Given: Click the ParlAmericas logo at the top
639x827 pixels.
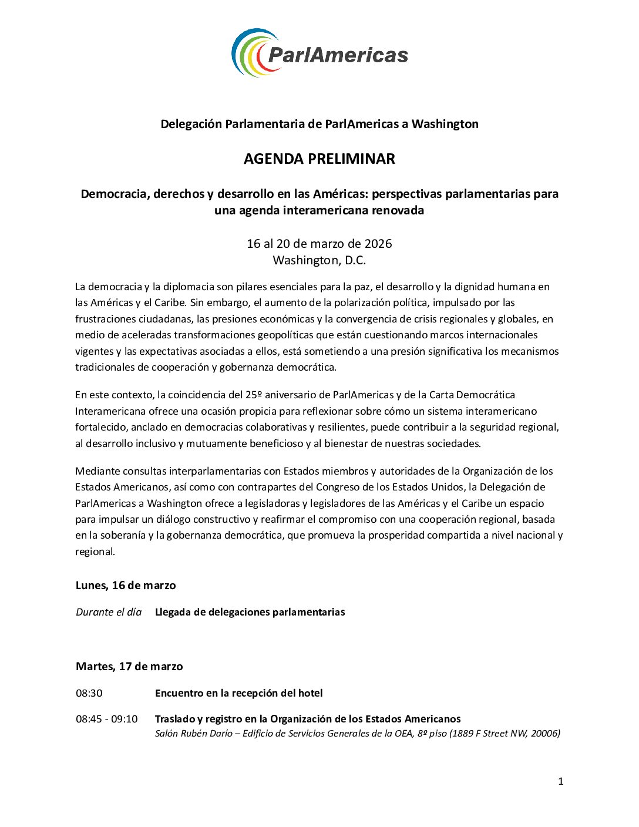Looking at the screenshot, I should coord(319,53).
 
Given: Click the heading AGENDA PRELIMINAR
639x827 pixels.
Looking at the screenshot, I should coord(319,159).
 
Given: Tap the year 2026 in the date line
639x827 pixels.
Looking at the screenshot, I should coord(378,244).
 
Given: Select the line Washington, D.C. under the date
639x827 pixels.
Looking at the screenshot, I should coord(319,260).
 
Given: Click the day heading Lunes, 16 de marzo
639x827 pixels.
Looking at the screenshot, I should coord(126,586).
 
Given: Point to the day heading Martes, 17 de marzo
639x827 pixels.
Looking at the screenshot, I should coord(129,667).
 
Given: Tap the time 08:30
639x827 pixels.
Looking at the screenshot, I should coord(89,693).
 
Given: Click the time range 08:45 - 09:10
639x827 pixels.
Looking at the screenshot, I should coord(107,719).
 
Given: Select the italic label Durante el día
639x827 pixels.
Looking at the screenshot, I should coord(109,612).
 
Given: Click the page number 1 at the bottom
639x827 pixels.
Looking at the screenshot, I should coord(560,781).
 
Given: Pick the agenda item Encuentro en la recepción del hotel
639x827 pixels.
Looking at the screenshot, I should coord(239,693).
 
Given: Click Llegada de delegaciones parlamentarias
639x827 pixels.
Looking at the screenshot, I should coord(250,612).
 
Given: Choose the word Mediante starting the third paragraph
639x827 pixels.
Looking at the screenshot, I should coord(97,471).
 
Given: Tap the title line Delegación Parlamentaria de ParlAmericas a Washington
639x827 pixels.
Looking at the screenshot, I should coord(319,124).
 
